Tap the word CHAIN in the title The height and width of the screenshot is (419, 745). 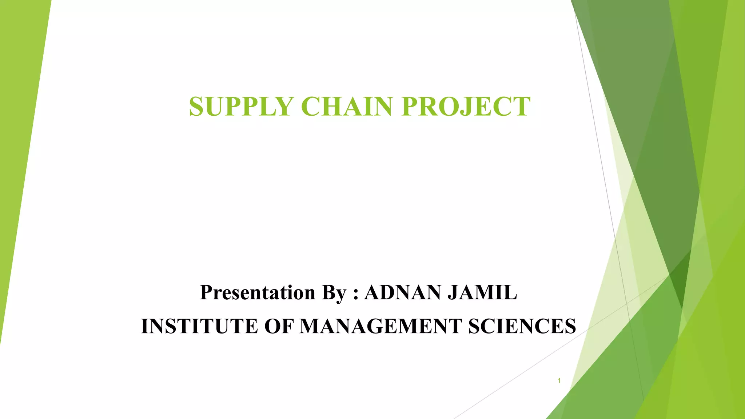[x=346, y=107]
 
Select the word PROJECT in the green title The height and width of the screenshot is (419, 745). [x=466, y=107]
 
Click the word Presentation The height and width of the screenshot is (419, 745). [x=258, y=292]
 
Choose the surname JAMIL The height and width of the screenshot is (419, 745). [x=482, y=292]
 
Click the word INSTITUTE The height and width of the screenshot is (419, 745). [x=200, y=326]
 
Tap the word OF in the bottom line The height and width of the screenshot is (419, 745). [x=279, y=326]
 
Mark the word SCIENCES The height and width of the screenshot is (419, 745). [x=522, y=326]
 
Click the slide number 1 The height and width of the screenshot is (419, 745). [x=559, y=381]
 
